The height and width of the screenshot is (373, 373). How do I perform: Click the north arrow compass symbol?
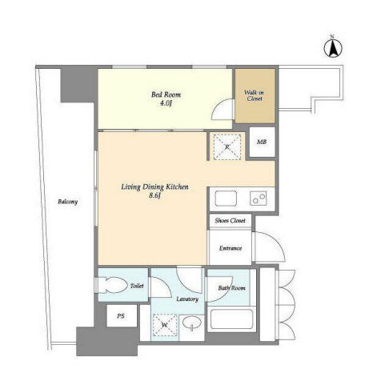click(333, 48)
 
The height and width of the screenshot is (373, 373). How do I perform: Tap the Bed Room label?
click(166, 94)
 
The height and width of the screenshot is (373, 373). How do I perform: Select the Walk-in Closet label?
click(255, 95)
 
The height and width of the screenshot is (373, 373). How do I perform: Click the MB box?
click(262, 142)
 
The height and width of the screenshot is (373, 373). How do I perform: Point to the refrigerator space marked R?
click(227, 147)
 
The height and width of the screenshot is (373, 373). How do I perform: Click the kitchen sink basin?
click(226, 199)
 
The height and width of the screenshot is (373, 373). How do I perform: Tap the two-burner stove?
click(259, 199)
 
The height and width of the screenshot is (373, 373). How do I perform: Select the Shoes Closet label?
click(230, 221)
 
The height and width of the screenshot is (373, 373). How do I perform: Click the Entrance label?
click(231, 248)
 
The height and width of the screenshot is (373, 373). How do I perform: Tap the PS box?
click(122, 316)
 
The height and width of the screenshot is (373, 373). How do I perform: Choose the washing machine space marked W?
click(165, 325)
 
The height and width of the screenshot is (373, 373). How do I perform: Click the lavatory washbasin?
click(192, 323)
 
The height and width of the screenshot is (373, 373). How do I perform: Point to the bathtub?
click(231, 319)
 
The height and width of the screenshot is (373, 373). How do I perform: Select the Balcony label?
click(68, 202)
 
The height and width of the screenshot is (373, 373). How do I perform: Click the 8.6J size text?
click(154, 196)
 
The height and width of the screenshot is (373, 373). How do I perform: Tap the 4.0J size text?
click(166, 103)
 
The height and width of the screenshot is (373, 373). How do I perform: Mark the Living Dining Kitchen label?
click(154, 187)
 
